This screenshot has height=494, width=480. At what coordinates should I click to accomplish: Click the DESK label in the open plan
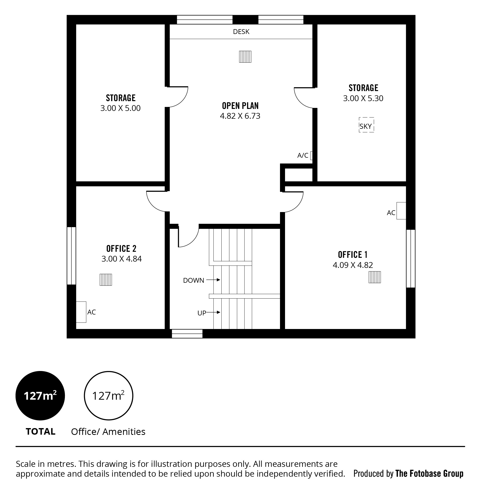241,32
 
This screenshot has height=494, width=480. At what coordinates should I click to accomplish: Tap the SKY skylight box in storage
366,125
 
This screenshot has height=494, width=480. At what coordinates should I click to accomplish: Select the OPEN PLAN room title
240,106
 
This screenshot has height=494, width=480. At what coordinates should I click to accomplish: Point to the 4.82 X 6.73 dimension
240,116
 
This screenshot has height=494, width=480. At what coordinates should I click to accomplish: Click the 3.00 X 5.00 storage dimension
120,108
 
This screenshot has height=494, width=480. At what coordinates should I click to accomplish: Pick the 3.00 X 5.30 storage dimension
363,98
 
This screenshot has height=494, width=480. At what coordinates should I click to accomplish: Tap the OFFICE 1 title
353,255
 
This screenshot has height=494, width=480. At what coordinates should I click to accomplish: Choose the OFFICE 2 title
121,249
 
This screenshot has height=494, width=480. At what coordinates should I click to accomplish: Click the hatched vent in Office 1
375,277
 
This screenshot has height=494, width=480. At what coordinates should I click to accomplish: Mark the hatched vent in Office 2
106,280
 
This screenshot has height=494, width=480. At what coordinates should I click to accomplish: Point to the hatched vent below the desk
245,56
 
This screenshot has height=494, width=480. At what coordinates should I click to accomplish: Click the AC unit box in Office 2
81,312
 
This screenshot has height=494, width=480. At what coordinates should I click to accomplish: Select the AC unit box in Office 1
401,211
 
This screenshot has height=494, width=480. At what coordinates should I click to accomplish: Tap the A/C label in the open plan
303,155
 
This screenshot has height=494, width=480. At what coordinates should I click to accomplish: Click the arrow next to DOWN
213,280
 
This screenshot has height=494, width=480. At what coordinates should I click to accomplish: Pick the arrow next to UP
213,313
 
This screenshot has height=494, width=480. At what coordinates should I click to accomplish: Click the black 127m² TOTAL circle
40,396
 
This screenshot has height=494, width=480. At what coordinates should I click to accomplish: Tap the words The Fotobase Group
429,474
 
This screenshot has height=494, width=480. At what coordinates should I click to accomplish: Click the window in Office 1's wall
411,259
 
